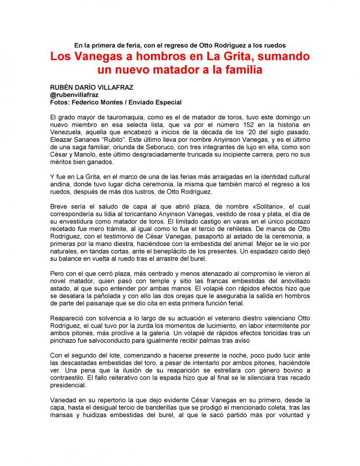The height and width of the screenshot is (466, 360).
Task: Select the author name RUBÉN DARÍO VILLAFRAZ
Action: [97, 86]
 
